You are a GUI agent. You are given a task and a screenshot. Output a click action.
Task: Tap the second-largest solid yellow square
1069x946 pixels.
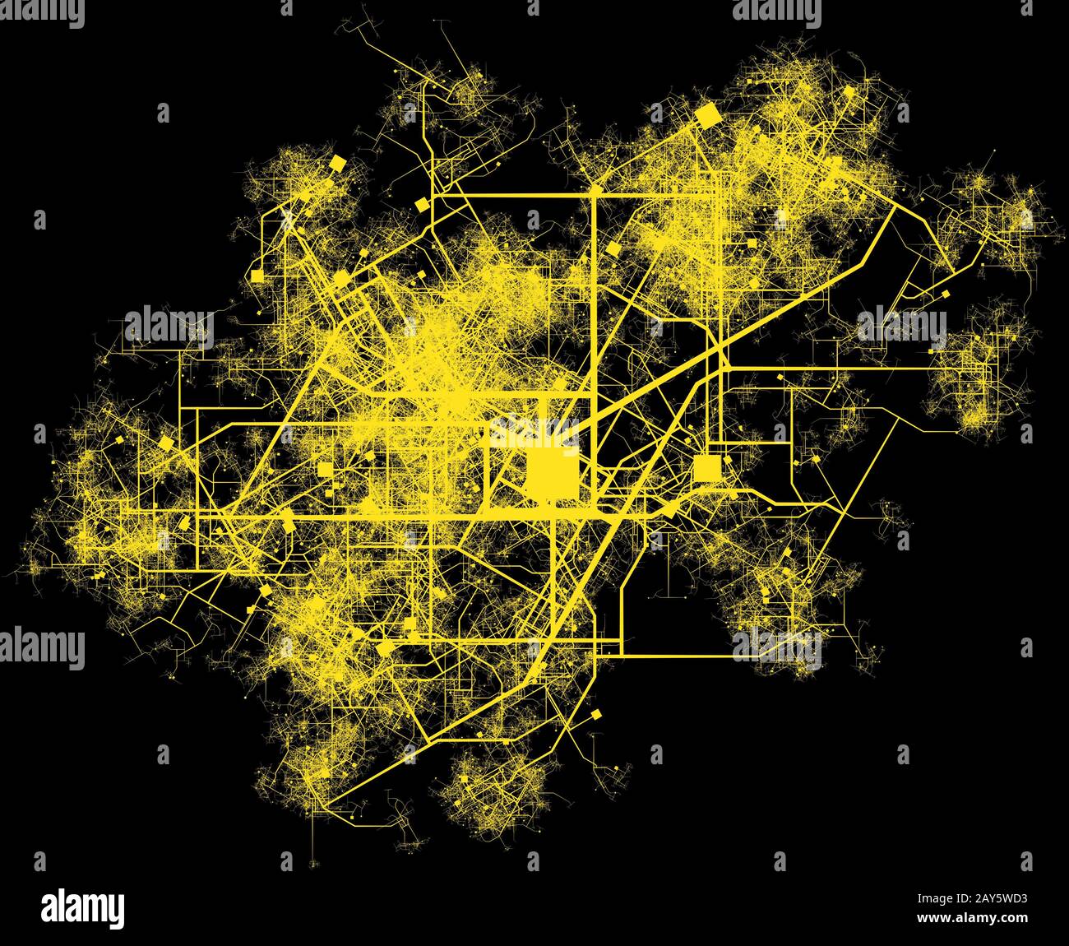point(706,468)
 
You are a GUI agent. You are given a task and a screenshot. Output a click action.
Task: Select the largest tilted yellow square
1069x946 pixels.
point(706,115)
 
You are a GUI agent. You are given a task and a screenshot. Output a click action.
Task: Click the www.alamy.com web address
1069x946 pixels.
point(972,918)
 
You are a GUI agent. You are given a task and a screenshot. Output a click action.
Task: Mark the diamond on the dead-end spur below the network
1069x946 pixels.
point(597,714)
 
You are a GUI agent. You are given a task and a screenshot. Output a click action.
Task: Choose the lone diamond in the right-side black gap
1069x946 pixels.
point(945,292)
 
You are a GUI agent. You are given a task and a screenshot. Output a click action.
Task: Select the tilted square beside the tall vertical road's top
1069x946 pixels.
point(612,248)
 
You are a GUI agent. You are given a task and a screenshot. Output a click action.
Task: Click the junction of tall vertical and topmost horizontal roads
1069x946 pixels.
point(594,195)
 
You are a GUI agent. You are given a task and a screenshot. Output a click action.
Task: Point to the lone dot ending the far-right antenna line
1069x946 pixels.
point(994,151)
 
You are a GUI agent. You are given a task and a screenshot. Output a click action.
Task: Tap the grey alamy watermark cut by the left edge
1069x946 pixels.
point(41,647)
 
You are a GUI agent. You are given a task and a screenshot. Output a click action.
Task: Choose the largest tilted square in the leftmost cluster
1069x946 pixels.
point(166,443)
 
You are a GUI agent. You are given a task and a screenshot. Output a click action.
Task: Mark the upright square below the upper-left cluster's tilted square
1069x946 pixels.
point(257,276)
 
